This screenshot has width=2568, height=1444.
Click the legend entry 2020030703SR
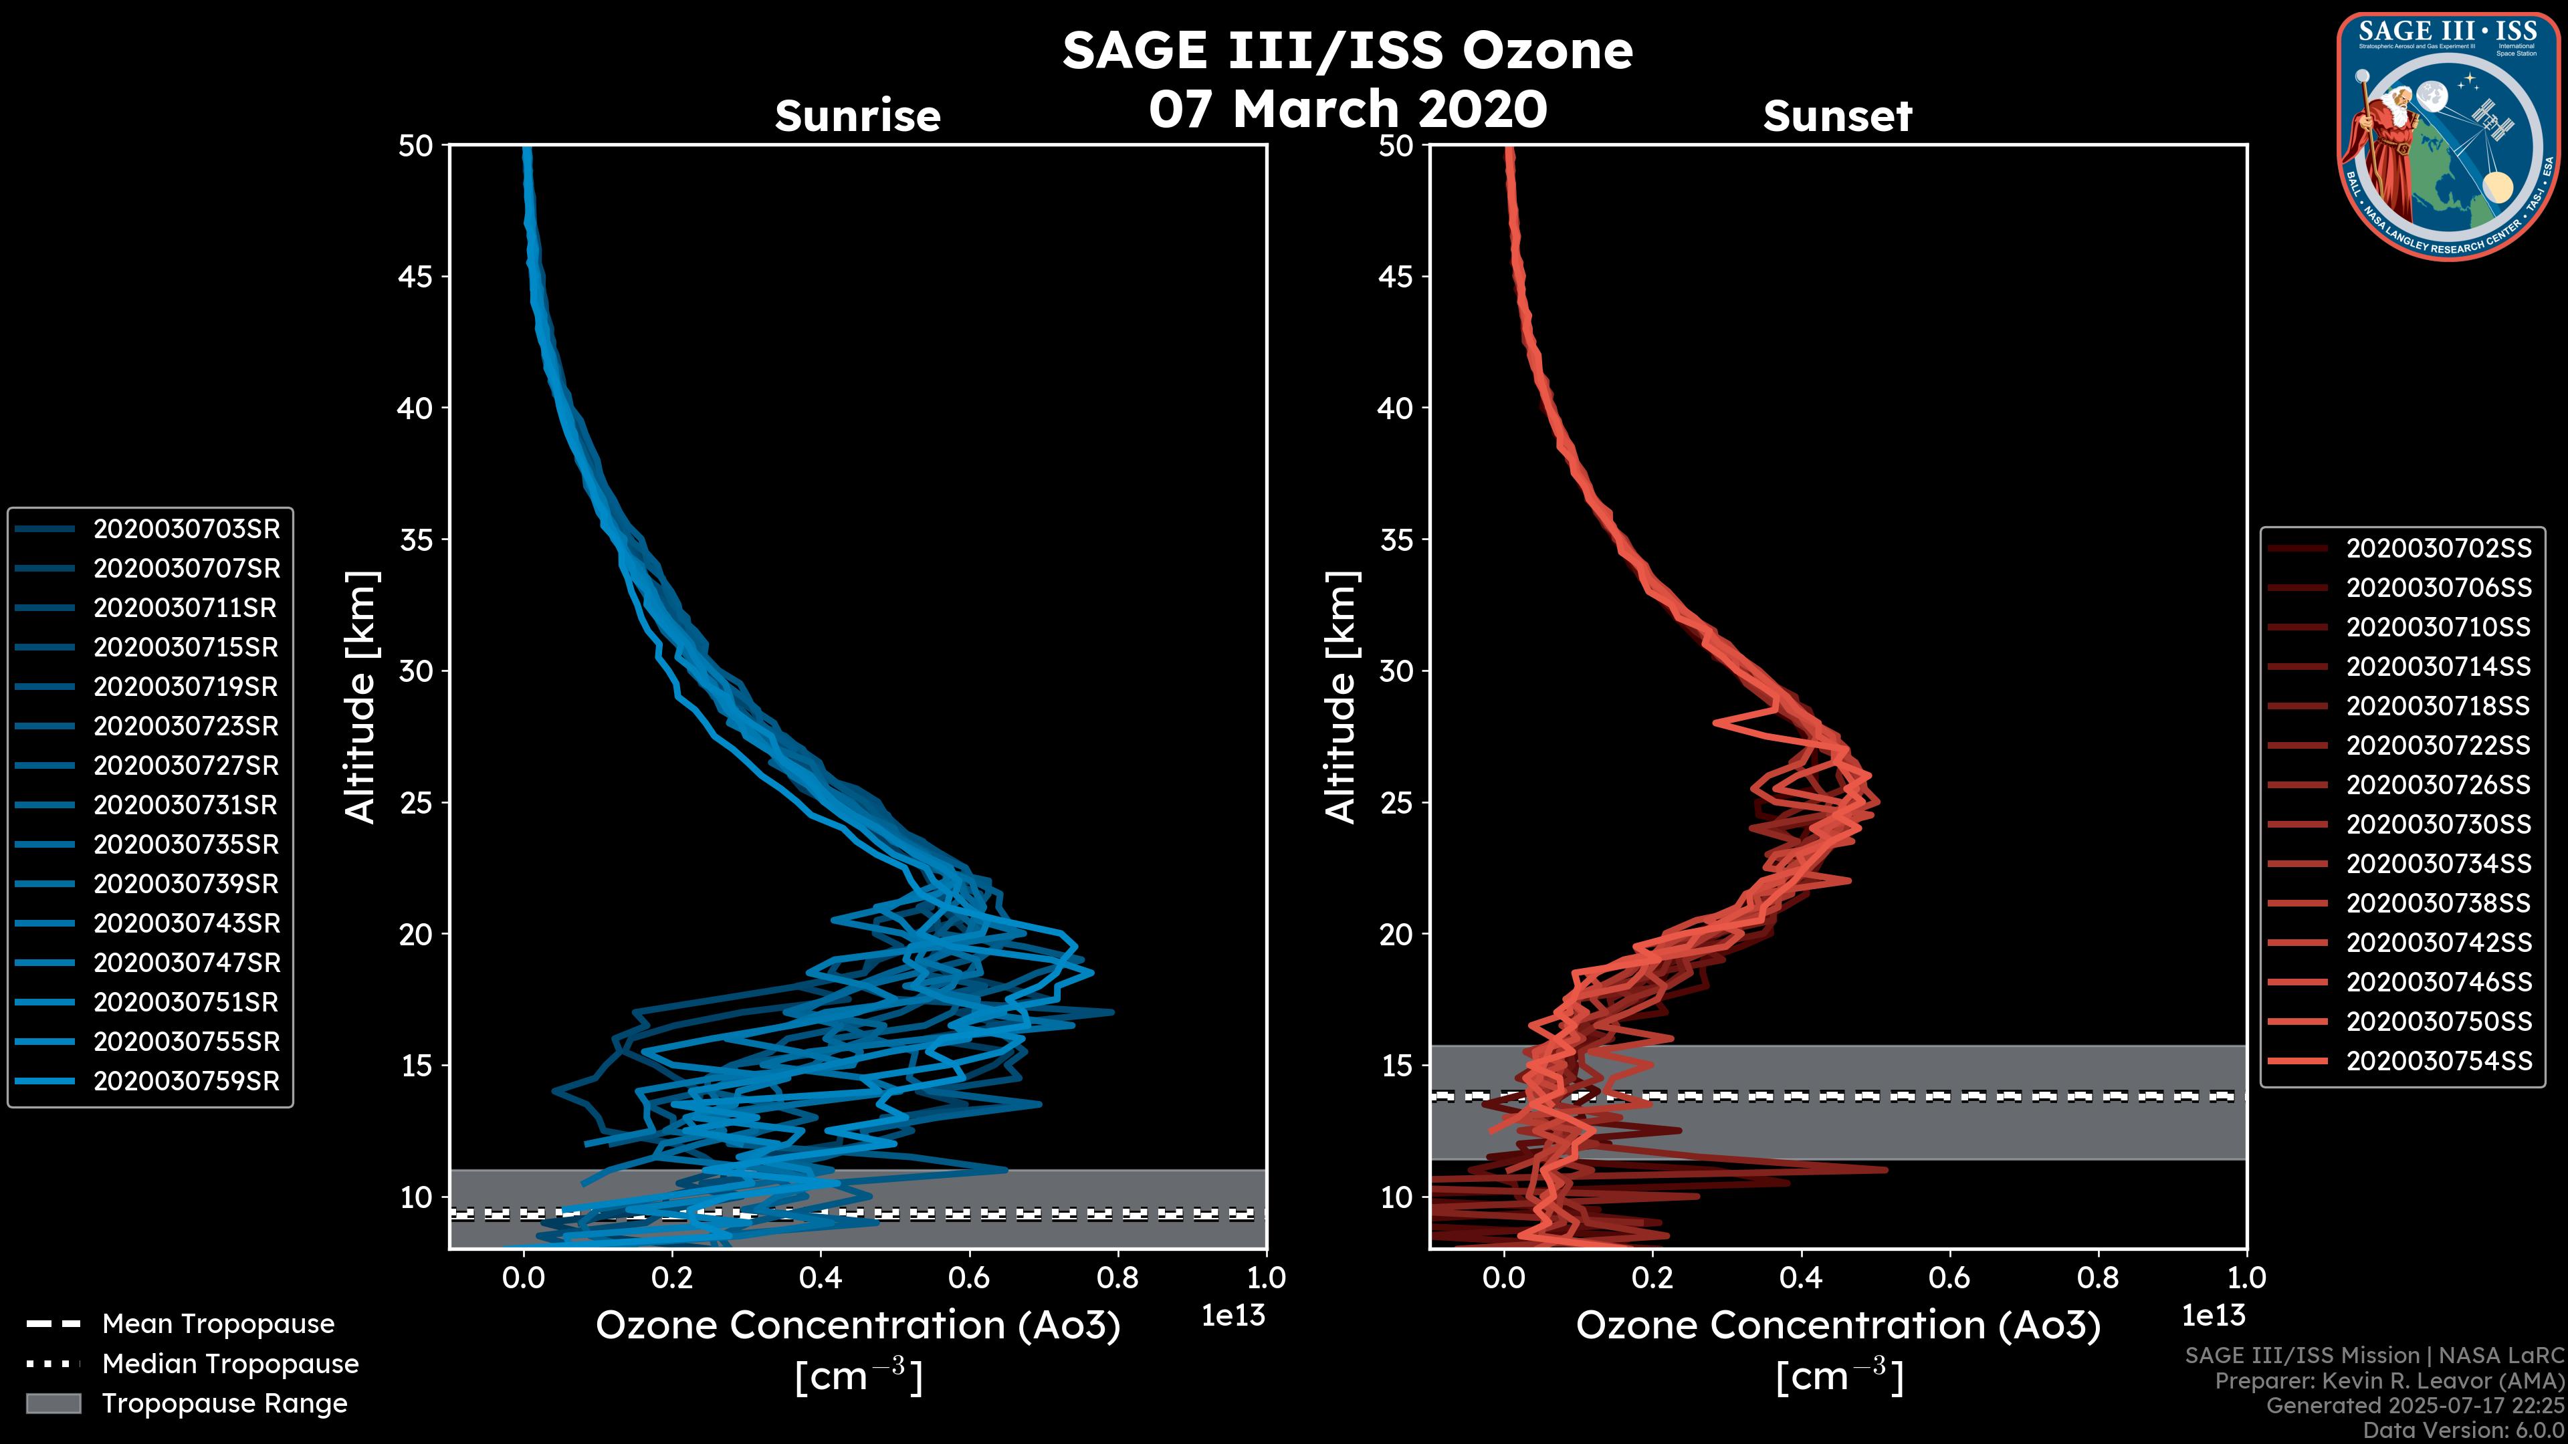tap(187, 529)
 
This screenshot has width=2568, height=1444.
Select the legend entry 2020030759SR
tap(187, 1081)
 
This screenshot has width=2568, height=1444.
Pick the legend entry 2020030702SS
tap(2438, 549)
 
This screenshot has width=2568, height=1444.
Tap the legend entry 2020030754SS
tap(2438, 1062)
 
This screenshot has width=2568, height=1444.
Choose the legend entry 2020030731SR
tap(187, 805)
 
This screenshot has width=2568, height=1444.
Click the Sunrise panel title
tap(857, 116)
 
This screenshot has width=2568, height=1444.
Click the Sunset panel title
tap(1837, 116)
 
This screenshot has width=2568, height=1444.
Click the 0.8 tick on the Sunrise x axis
tap(1117, 1278)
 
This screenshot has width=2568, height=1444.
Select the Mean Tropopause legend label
tap(218, 1324)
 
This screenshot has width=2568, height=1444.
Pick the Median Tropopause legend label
tap(230, 1364)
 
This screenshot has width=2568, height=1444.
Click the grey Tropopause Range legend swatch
tap(53, 1404)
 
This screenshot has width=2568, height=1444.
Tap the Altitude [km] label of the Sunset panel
tap(1342, 697)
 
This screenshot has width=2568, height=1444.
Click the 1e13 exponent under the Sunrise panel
tap(1233, 1316)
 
